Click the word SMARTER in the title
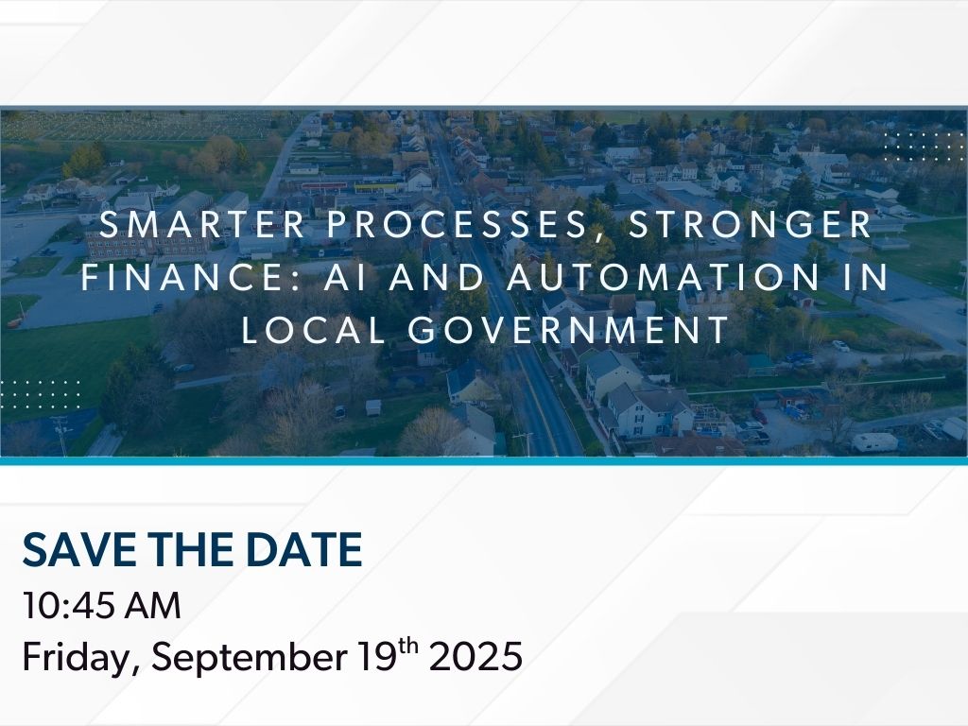[x=202, y=224]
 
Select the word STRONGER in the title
[x=750, y=224]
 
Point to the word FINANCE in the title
[x=181, y=277]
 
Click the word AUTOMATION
[x=663, y=277]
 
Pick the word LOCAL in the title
[x=314, y=329]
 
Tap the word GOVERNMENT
[x=569, y=329]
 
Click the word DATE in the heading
[x=303, y=549]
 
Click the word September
[x=250, y=657]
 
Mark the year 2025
[x=476, y=656]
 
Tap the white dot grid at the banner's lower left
[x=41, y=394]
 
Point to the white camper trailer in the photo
[x=874, y=442]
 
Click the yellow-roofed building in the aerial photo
[x=376, y=188]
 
